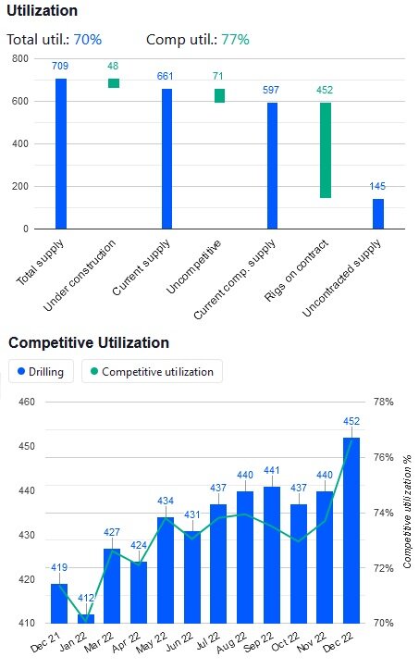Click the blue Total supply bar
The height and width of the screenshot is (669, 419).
[61, 153]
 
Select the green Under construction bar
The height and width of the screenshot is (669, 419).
[114, 83]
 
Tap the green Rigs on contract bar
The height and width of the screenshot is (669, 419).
[326, 150]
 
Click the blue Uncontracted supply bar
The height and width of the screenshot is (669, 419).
[378, 213]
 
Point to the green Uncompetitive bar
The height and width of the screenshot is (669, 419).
[219, 95]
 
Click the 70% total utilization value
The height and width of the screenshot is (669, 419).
[88, 40]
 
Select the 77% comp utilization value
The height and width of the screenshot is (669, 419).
[235, 40]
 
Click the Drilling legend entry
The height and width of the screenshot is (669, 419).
[42, 372]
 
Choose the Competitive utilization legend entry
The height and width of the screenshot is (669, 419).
[152, 372]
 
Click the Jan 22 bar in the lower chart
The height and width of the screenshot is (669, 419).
[86, 618]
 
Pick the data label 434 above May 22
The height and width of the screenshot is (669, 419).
[166, 502]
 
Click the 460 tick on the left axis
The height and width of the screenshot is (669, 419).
[25, 402]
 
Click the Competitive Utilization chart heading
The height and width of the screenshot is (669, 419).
[89, 342]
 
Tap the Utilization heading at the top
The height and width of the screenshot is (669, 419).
[42, 11]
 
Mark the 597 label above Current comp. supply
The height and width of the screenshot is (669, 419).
[273, 90]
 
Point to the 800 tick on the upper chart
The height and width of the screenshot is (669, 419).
[19, 58]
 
